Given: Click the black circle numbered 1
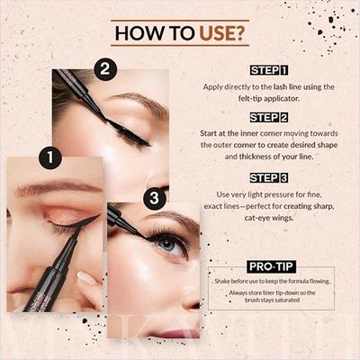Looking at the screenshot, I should pos(50,159).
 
